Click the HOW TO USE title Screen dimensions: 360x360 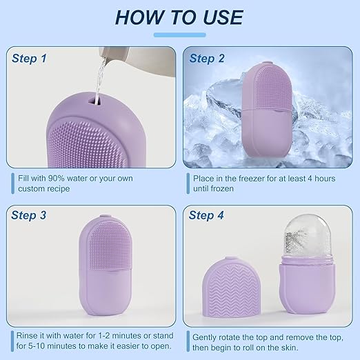179,17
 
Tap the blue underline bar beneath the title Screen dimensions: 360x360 179,35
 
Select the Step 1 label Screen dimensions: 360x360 29,59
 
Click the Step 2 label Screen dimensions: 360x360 207,59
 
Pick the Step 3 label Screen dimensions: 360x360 29,215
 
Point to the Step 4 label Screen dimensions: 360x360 206,215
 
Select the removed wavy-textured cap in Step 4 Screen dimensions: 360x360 231,287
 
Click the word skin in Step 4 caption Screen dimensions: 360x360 288,348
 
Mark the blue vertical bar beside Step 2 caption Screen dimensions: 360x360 188,183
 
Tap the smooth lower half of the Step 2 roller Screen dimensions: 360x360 267,132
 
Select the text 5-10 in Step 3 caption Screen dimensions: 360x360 37,346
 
